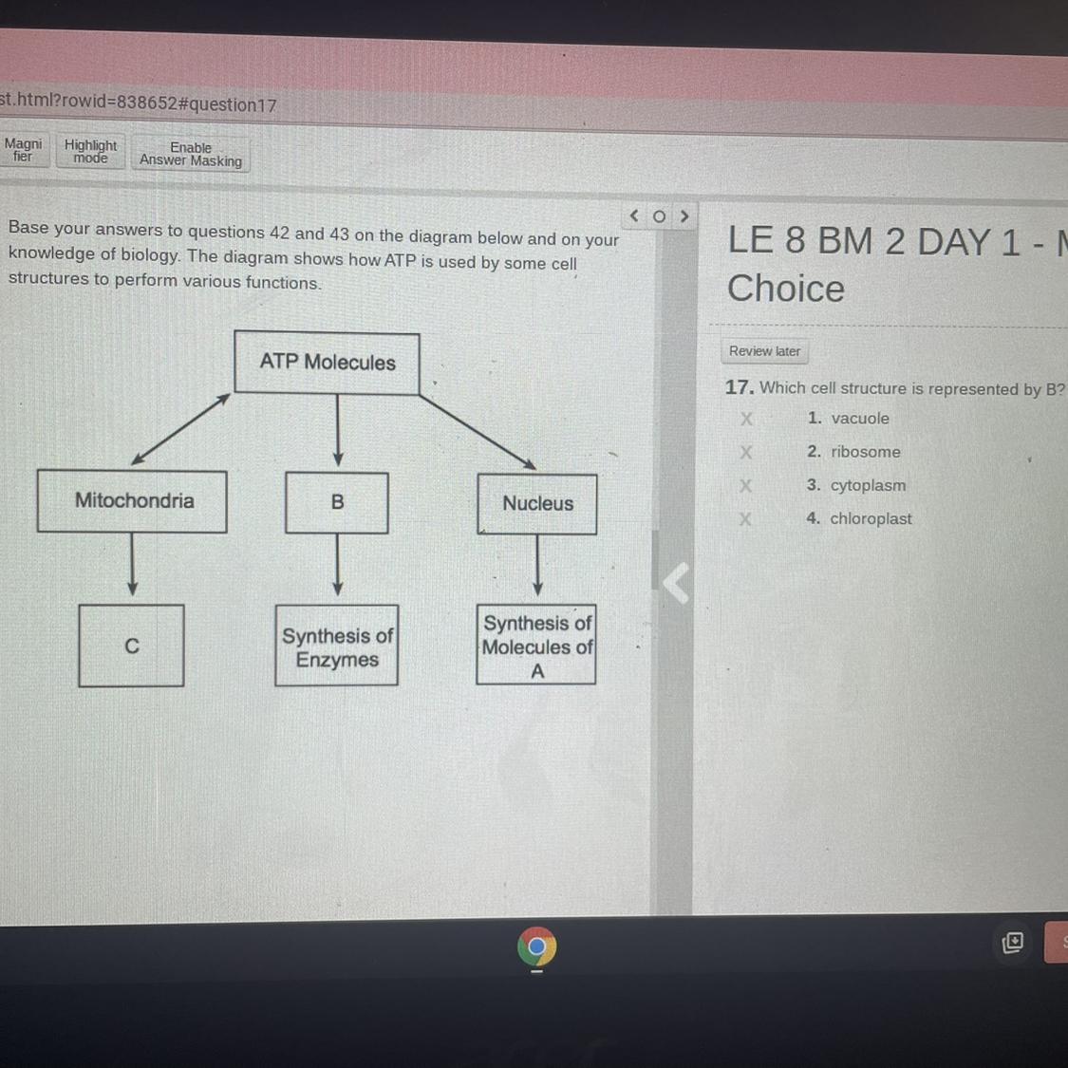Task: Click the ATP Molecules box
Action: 327,363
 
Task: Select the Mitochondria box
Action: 133,501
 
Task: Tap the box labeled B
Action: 337,502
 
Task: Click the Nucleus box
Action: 537,504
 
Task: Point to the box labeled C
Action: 132,646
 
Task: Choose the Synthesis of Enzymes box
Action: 337,646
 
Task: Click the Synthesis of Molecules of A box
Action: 536,646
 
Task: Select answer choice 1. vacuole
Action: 859,419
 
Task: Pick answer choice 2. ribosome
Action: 865,452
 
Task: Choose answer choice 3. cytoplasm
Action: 867,485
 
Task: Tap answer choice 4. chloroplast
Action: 870,518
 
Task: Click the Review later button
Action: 764,351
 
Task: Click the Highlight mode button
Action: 90,152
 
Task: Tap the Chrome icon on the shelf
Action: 537,946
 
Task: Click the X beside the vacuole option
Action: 746,419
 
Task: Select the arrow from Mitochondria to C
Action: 132,564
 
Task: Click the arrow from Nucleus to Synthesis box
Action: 537,566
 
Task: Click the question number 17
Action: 739,387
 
